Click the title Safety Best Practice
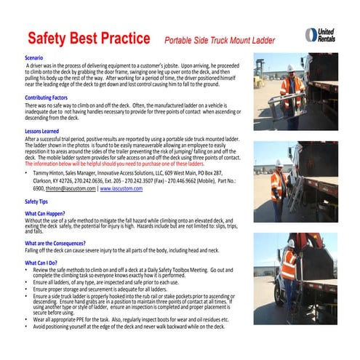pyautogui.click(x=89, y=38)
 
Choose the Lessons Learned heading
pyautogui.click(x=43, y=131)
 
